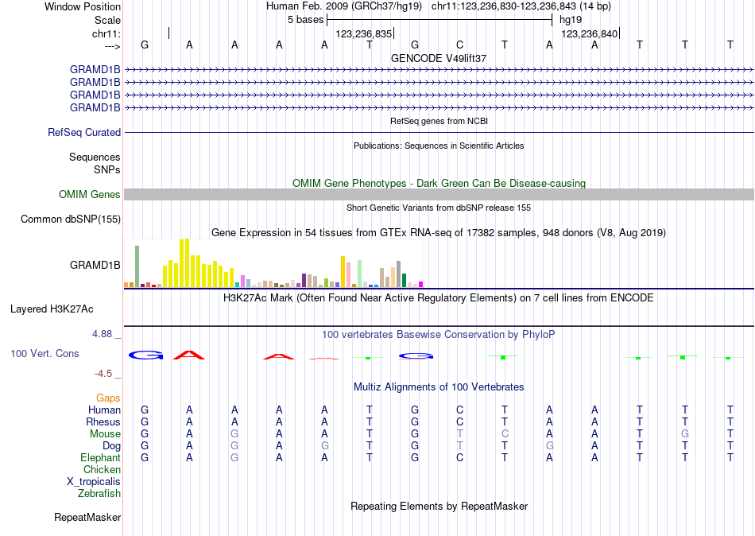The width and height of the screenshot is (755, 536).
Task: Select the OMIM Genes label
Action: (90, 195)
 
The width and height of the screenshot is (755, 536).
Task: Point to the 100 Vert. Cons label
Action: (45, 353)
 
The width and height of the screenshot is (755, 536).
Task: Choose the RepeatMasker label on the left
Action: (87, 518)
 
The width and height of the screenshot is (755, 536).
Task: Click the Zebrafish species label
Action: (99, 494)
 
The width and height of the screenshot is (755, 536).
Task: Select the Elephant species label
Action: (100, 458)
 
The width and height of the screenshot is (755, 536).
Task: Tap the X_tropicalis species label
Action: (94, 482)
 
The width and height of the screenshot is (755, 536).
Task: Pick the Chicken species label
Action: (102, 470)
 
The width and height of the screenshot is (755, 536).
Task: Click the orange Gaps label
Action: (108, 398)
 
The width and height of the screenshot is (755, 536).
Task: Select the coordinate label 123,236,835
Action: (364, 34)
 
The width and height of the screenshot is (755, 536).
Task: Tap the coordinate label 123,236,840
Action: (589, 34)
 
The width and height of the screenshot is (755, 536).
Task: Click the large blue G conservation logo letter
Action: (145, 355)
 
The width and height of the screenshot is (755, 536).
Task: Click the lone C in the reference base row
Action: (459, 45)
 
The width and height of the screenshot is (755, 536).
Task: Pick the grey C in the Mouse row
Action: (505, 434)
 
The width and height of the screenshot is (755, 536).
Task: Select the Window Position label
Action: (83, 6)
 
